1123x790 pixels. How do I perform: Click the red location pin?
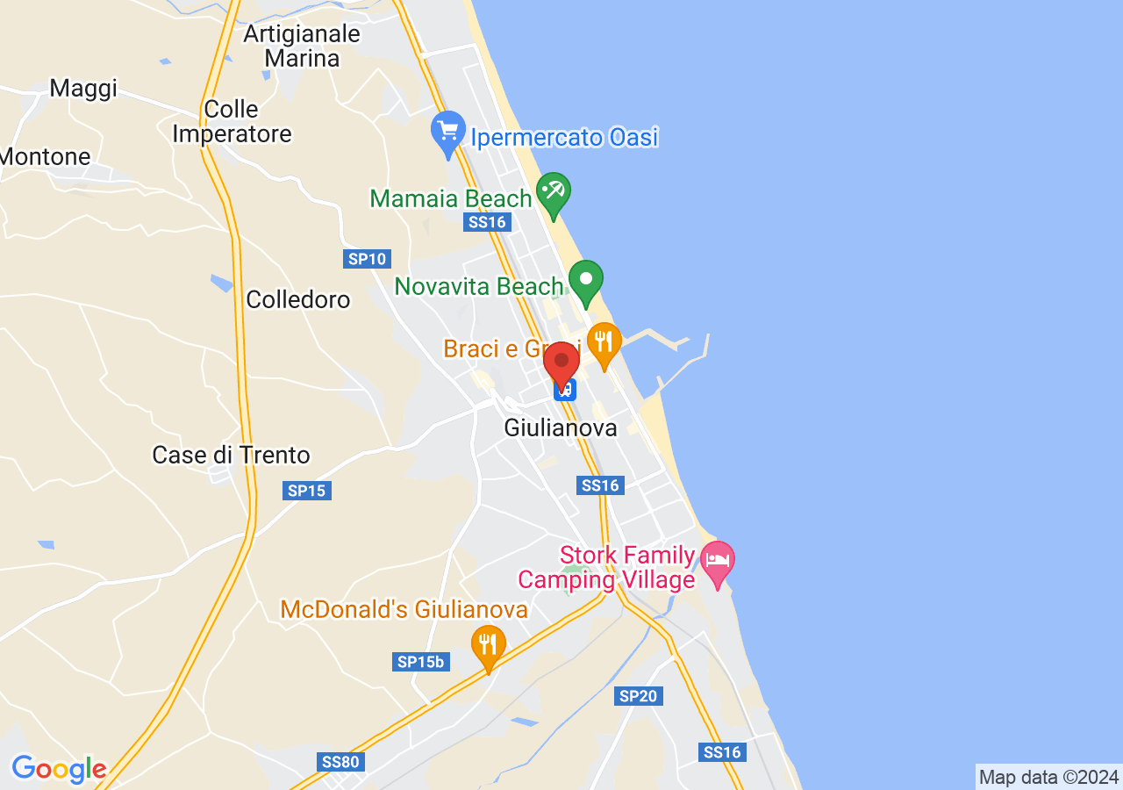click(x=561, y=363)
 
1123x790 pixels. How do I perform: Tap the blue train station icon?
click(x=565, y=389)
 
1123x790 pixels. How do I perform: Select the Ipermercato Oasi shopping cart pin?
click(x=448, y=133)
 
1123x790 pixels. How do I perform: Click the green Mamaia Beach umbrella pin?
click(x=554, y=193)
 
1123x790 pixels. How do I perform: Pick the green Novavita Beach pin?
click(x=586, y=281)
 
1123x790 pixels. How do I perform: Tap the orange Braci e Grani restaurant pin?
click(x=604, y=343)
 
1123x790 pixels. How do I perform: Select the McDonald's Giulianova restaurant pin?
click(x=488, y=646)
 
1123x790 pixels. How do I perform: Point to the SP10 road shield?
click(x=367, y=259)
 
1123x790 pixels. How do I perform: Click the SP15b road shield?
click(x=420, y=662)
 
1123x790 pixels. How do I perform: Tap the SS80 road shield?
click(x=340, y=762)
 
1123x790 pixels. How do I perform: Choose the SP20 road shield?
click(x=639, y=696)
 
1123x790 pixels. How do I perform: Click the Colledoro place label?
click(x=298, y=299)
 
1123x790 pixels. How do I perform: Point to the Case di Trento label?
click(x=231, y=456)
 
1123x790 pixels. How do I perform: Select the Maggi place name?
click(x=83, y=88)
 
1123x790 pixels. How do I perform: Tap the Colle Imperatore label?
click(x=232, y=122)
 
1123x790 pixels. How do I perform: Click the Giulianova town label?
click(x=561, y=428)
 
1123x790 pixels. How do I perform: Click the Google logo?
click(x=59, y=770)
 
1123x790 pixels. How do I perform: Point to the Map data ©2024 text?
click(x=1048, y=777)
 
